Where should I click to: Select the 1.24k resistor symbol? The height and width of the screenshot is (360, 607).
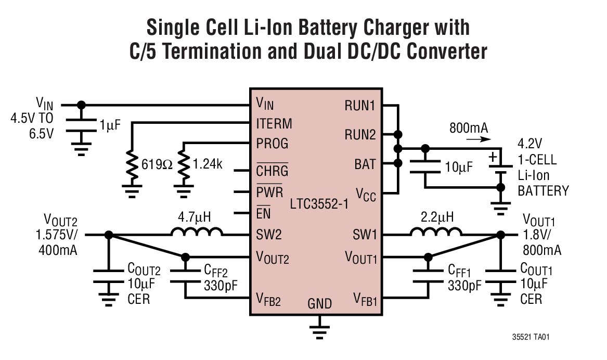[184, 166]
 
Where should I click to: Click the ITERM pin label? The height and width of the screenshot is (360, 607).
[274, 124]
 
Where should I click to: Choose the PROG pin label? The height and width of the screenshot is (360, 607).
[272, 143]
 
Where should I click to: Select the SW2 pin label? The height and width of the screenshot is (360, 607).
[269, 235]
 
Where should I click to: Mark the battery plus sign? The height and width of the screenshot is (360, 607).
[493, 156]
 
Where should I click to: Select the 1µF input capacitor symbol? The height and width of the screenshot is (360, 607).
[81, 124]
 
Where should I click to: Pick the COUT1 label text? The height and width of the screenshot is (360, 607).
[536, 270]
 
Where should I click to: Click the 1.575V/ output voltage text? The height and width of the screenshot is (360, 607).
[58, 235]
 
